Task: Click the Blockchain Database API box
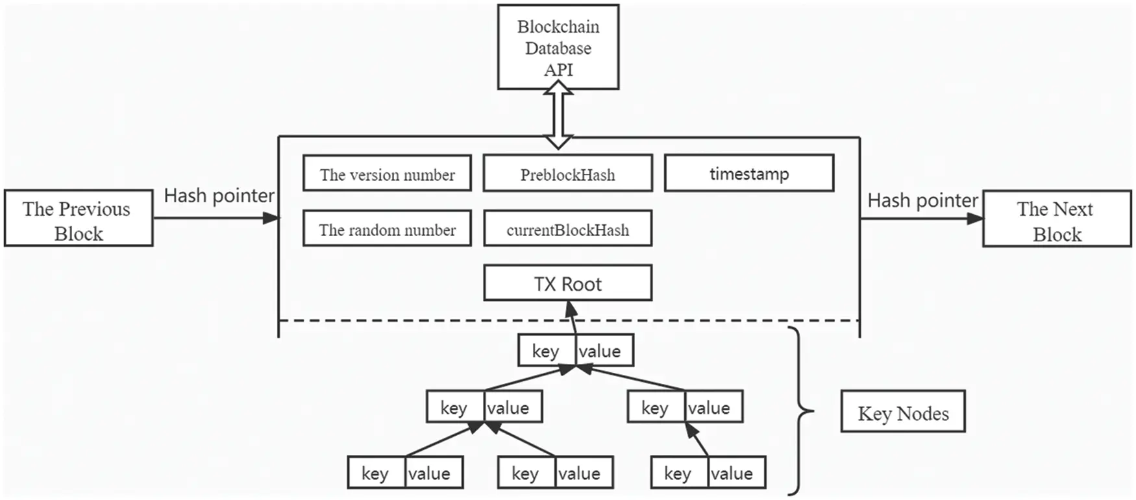pyautogui.click(x=558, y=47)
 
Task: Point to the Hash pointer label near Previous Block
pyautogui.click(x=219, y=196)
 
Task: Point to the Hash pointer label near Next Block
pyautogui.click(x=922, y=201)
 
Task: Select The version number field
pyautogui.click(x=387, y=173)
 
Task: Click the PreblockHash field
pyautogui.click(x=567, y=173)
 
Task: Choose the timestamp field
pyautogui.click(x=748, y=173)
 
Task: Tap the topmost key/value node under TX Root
pyautogui.click(x=575, y=351)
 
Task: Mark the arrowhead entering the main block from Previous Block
pyautogui.click(x=271, y=219)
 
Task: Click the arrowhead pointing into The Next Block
pyautogui.click(x=975, y=219)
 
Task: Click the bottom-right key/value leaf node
pyautogui.click(x=708, y=473)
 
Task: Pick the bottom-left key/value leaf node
pyautogui.click(x=405, y=473)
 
